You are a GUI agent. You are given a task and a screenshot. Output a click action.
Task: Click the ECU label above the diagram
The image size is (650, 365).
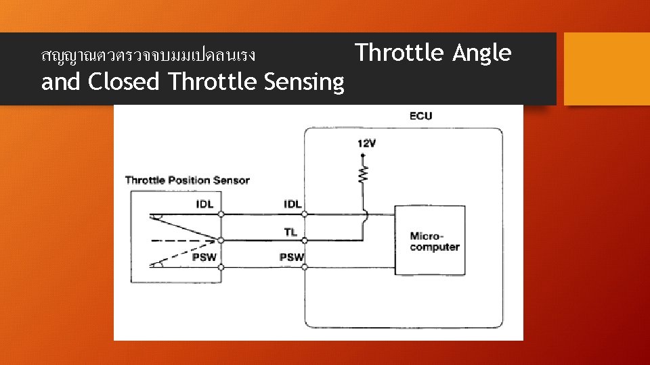click(420, 116)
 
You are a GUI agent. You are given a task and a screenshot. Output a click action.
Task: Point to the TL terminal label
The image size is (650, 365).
click(291, 231)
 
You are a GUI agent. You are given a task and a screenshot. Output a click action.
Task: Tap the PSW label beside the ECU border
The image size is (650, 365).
click(292, 258)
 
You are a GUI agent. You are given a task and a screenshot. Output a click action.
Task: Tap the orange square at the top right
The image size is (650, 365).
click(607, 69)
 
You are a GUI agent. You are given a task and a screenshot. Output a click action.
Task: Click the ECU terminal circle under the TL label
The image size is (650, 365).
click(305, 240)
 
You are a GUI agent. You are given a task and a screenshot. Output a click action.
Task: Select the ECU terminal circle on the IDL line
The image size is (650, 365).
click(305, 214)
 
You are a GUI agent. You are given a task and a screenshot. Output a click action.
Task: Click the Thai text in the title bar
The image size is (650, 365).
click(148, 55)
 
